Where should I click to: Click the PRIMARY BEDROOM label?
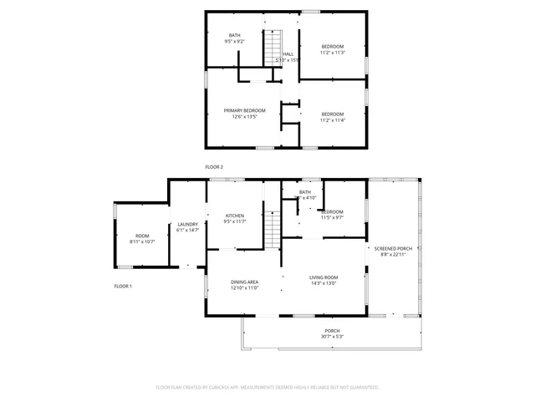pos(244,111)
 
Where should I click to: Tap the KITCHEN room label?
pos(234,216)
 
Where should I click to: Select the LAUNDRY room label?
pos(187,224)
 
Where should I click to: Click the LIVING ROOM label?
pos(323,277)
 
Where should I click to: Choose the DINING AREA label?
pos(244,282)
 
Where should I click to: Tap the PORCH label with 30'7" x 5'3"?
pos(333,332)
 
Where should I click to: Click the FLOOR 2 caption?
pos(214,167)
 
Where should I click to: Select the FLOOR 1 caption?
pos(123,286)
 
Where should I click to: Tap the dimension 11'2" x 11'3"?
pos(332,53)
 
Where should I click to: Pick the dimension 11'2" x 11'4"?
pos(332,120)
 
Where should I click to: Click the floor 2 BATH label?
pos(234,34)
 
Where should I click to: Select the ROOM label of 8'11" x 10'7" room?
pos(142,236)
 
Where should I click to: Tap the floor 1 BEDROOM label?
pos(332,211)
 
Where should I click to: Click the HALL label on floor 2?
pos(288,54)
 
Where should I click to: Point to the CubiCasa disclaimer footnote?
pos(267,388)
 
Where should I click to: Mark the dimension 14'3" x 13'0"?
pos(323,284)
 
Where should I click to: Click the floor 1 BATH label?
pos(305,192)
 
